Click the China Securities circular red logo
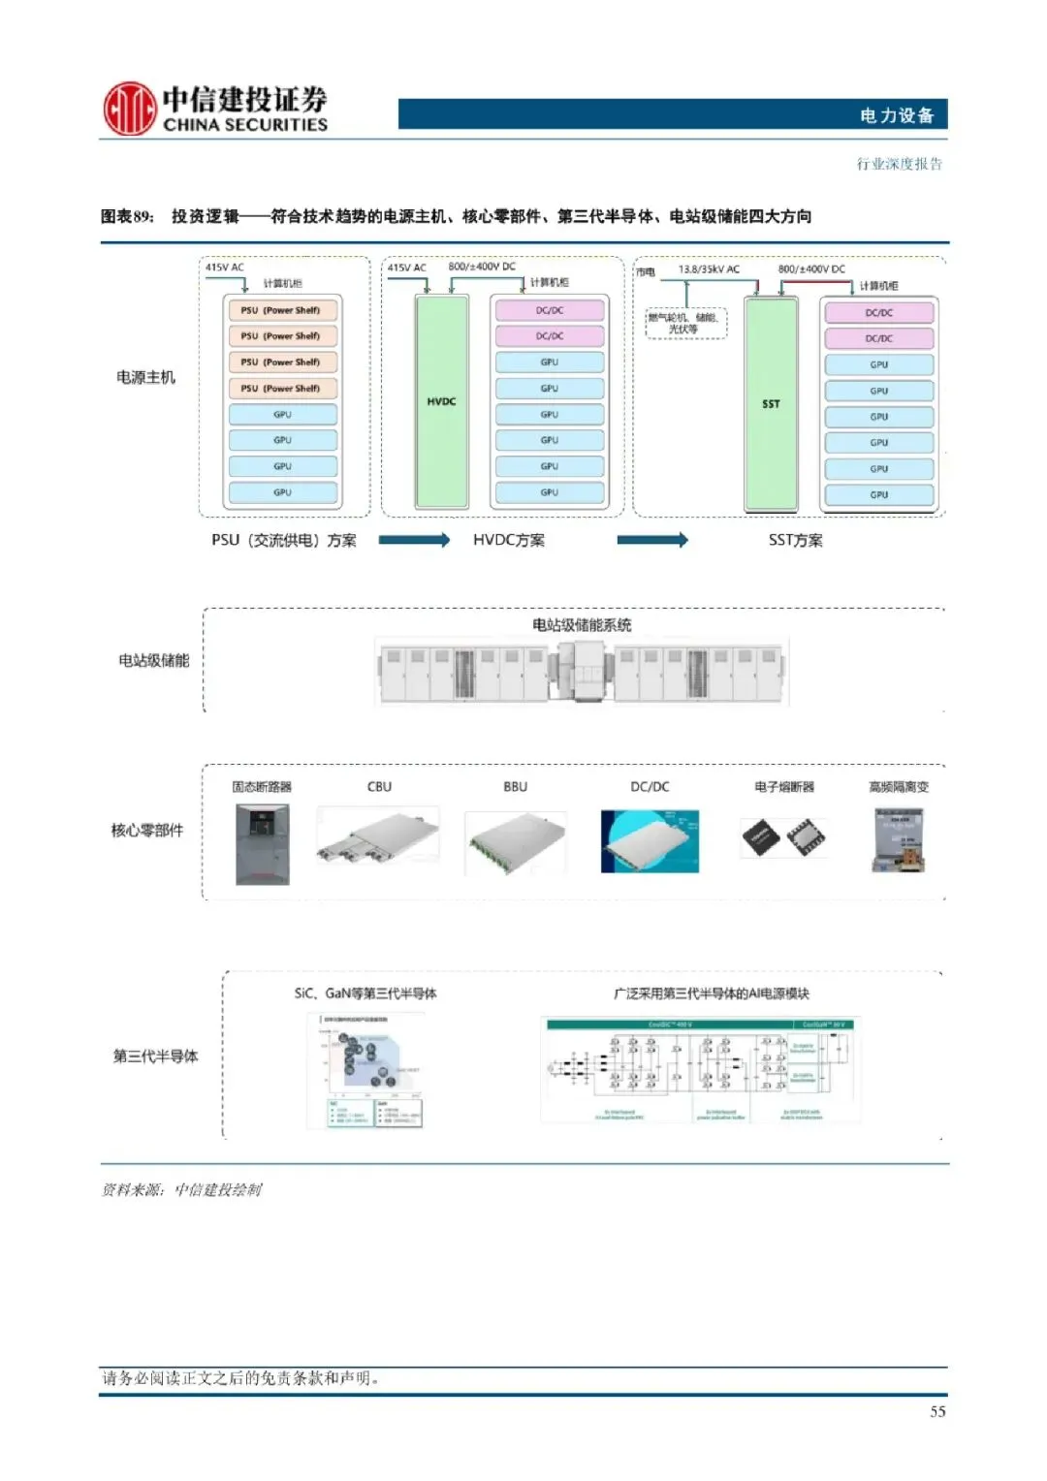[130, 109]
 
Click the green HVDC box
[441, 401]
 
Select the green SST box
[771, 404]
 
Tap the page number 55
[937, 1411]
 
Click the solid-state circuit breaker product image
[262, 844]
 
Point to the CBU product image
[378, 840]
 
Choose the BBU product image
[515, 842]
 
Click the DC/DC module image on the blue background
[650, 841]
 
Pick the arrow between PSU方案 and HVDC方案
[414, 540]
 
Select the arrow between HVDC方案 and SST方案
[652, 540]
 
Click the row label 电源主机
[145, 377]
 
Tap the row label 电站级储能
[153, 660]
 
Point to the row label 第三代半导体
[155, 1056]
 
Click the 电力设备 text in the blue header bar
[897, 115]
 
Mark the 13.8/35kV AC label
[709, 268]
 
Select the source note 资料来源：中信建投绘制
[181, 1189]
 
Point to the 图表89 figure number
[127, 216]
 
